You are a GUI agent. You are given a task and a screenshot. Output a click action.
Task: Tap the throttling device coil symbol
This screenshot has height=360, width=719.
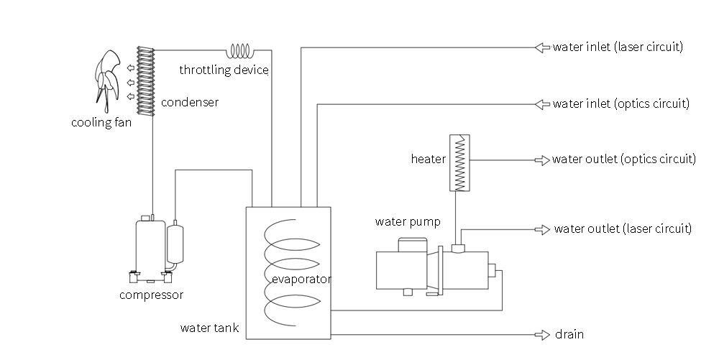pyautogui.click(x=239, y=51)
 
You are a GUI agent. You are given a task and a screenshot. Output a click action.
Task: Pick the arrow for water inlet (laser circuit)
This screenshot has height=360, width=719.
pyautogui.click(x=541, y=47)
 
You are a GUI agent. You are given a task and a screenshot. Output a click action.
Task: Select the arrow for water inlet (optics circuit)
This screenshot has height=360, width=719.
pyautogui.click(x=541, y=104)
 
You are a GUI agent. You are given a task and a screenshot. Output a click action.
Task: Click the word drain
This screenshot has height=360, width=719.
pyautogui.click(x=569, y=335)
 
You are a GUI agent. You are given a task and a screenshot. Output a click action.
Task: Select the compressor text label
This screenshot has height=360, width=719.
pyautogui.click(x=152, y=295)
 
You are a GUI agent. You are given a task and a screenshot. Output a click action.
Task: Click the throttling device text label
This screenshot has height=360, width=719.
pyautogui.click(x=224, y=70)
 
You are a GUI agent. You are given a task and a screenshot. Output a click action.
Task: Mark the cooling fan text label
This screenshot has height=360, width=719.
pyautogui.click(x=101, y=122)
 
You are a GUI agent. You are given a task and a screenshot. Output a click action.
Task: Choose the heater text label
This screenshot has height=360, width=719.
pyautogui.click(x=429, y=159)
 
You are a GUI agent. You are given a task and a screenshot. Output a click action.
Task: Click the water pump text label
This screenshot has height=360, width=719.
pyautogui.click(x=408, y=221)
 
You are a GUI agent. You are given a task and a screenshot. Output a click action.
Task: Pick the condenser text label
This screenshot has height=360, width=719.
pyautogui.click(x=190, y=103)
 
